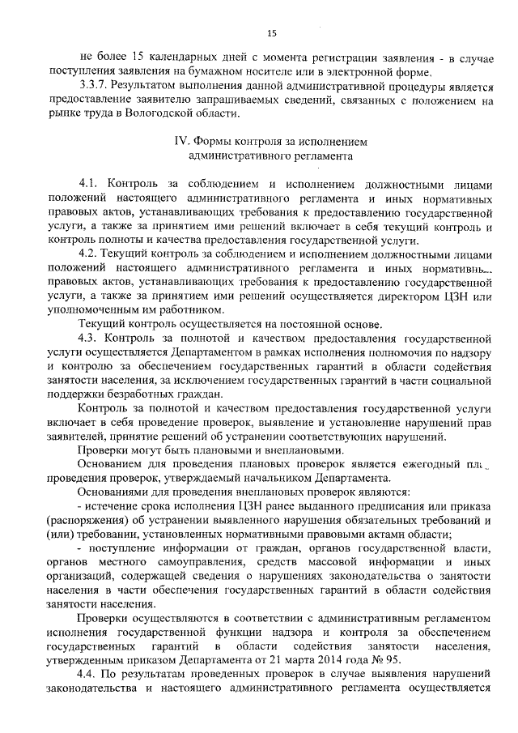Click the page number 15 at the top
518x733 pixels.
click(x=270, y=32)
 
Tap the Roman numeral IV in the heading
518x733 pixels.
click(x=183, y=140)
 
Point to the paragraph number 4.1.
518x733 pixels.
click(x=87, y=185)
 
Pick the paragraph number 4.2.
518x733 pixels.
click(x=87, y=256)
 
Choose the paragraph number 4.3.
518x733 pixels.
click(x=87, y=339)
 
